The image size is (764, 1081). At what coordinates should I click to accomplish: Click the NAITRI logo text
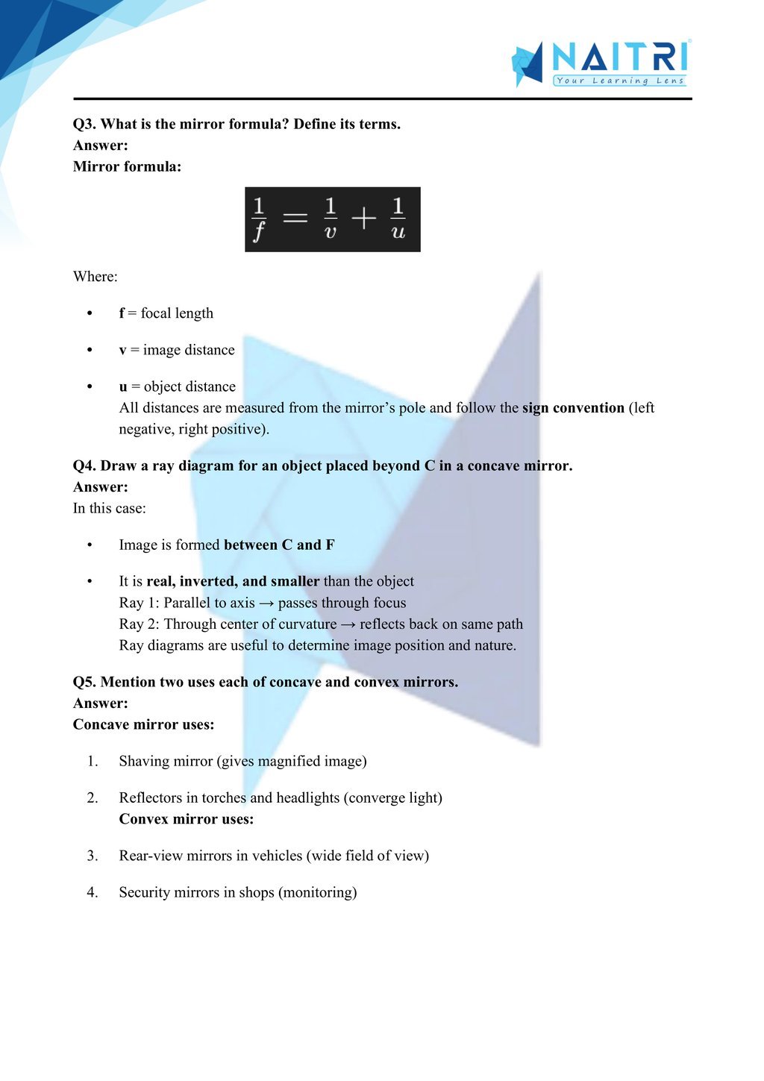(619, 57)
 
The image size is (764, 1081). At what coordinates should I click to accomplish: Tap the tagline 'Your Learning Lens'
(619, 81)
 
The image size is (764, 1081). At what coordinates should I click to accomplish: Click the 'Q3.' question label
(84, 124)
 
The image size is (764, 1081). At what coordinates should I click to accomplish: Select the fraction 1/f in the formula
(259, 219)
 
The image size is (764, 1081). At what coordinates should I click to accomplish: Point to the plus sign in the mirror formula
(364, 219)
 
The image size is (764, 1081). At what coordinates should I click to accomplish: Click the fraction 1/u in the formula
(398, 219)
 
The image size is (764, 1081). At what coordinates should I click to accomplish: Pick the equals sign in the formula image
(295, 219)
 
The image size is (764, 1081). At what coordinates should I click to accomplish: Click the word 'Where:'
(95, 277)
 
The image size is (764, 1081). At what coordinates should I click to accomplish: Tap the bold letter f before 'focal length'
(122, 313)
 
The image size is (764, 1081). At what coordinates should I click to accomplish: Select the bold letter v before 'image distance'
(122, 350)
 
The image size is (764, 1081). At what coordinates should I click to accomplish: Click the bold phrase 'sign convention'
(573, 408)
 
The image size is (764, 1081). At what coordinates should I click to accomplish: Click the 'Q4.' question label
(84, 466)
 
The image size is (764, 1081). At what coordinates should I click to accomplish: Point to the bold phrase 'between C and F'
(279, 545)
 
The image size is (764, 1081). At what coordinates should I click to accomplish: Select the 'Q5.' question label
(84, 682)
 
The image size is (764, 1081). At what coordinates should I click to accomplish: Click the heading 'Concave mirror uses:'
(143, 724)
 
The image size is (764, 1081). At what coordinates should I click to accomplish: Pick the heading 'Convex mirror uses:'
(187, 819)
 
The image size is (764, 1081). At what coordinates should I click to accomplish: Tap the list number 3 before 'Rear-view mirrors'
(92, 856)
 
